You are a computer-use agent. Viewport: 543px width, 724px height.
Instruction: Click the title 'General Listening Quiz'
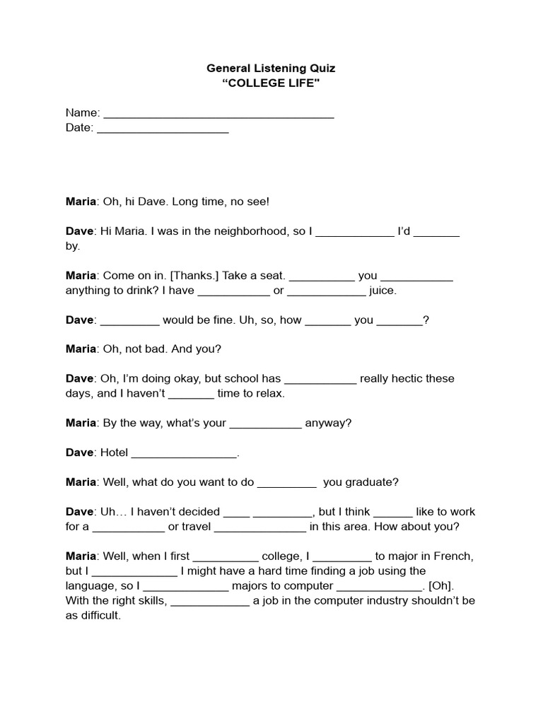click(271, 69)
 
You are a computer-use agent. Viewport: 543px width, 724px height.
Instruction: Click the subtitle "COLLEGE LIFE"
click(271, 83)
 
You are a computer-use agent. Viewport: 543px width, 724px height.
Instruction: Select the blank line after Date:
click(163, 129)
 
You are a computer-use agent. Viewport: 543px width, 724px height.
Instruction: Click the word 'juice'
click(383, 291)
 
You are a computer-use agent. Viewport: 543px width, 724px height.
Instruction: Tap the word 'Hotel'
click(115, 452)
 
